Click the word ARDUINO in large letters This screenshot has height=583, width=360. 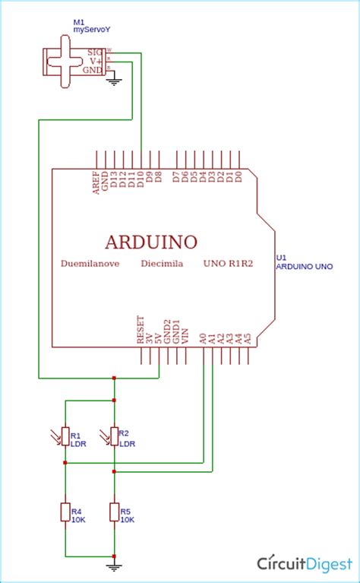(151, 242)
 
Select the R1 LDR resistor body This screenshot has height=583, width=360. (65, 437)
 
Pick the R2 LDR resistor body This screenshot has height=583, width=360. (114, 437)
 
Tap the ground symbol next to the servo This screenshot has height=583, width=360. (114, 81)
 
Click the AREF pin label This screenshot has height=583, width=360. (96, 182)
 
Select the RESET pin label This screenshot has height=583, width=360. (141, 331)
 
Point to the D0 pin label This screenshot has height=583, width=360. (238, 176)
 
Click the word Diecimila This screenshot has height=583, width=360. (162, 265)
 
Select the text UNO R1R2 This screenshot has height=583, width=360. (228, 265)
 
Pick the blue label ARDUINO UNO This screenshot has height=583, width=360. (304, 267)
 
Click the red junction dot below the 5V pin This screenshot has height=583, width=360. (114, 378)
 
